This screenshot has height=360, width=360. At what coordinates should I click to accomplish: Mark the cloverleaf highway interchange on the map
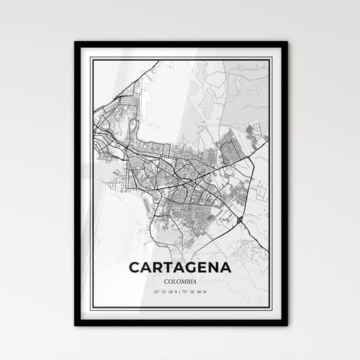click(x=240, y=220)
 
